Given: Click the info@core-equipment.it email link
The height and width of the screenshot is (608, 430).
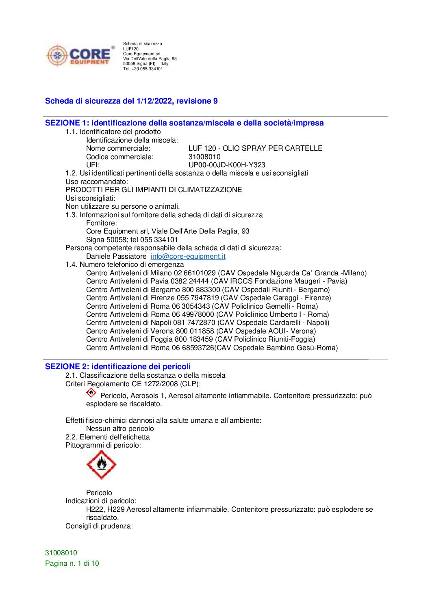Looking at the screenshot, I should coord(188,256).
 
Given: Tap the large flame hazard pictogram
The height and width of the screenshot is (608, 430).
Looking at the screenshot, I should coord(101,465).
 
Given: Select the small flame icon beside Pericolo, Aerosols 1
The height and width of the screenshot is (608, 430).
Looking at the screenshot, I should coord(91,393).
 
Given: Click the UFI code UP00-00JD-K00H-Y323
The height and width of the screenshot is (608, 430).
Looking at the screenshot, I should coord(226,165).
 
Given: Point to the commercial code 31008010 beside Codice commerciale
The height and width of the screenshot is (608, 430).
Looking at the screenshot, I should coord(204,157).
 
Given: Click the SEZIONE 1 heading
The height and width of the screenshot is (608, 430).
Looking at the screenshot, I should coord(184,123).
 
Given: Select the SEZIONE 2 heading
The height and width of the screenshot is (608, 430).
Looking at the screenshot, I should coord(117,366).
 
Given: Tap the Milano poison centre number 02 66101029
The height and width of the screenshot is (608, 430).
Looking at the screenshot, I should coord(195,273).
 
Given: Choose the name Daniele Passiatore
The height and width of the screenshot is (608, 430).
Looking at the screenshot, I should coord(116,256).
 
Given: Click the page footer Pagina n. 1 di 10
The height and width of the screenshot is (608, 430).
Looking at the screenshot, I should coord(72,563).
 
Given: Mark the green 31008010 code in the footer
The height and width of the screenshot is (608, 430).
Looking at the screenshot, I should coord(61,553).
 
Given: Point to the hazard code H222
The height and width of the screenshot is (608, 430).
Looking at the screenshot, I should coord(94,509).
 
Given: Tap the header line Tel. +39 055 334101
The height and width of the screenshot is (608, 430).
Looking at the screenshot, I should coord(143,69).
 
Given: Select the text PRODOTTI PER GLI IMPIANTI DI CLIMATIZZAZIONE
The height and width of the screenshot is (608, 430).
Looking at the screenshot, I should coord(154,190).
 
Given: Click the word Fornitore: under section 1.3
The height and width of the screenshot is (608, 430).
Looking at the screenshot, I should coord(102,223).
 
